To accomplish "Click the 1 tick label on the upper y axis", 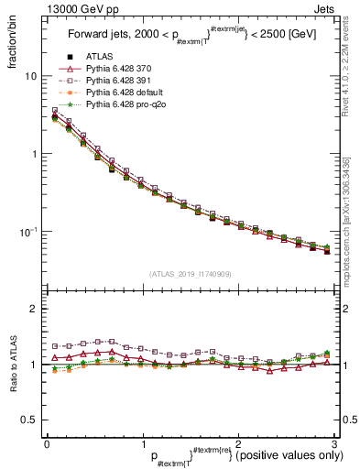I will [x=34, y=154].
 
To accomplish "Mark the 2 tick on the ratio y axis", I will [x=34, y=309].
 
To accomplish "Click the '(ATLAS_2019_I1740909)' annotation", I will [x=190, y=274].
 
